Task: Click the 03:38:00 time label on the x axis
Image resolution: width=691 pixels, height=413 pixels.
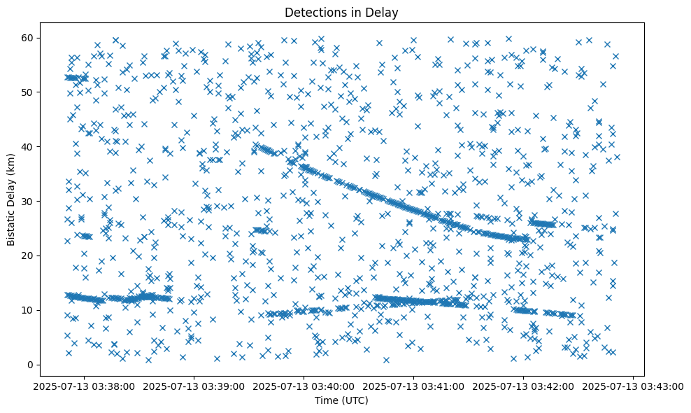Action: pyautogui.click(x=84, y=386)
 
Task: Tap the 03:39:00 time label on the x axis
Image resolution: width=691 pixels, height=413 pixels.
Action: pyautogui.click(x=194, y=386)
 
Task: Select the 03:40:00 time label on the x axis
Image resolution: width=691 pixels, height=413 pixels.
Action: pyautogui.click(x=304, y=386)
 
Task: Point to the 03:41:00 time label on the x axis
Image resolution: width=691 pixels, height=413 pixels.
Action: pyautogui.click(x=414, y=386)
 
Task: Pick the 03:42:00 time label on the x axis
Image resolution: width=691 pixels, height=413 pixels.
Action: pyautogui.click(x=524, y=386)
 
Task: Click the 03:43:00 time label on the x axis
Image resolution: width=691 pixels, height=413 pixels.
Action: pyautogui.click(x=634, y=386)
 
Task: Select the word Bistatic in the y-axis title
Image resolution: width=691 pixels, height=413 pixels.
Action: pyautogui.click(x=11, y=223)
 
